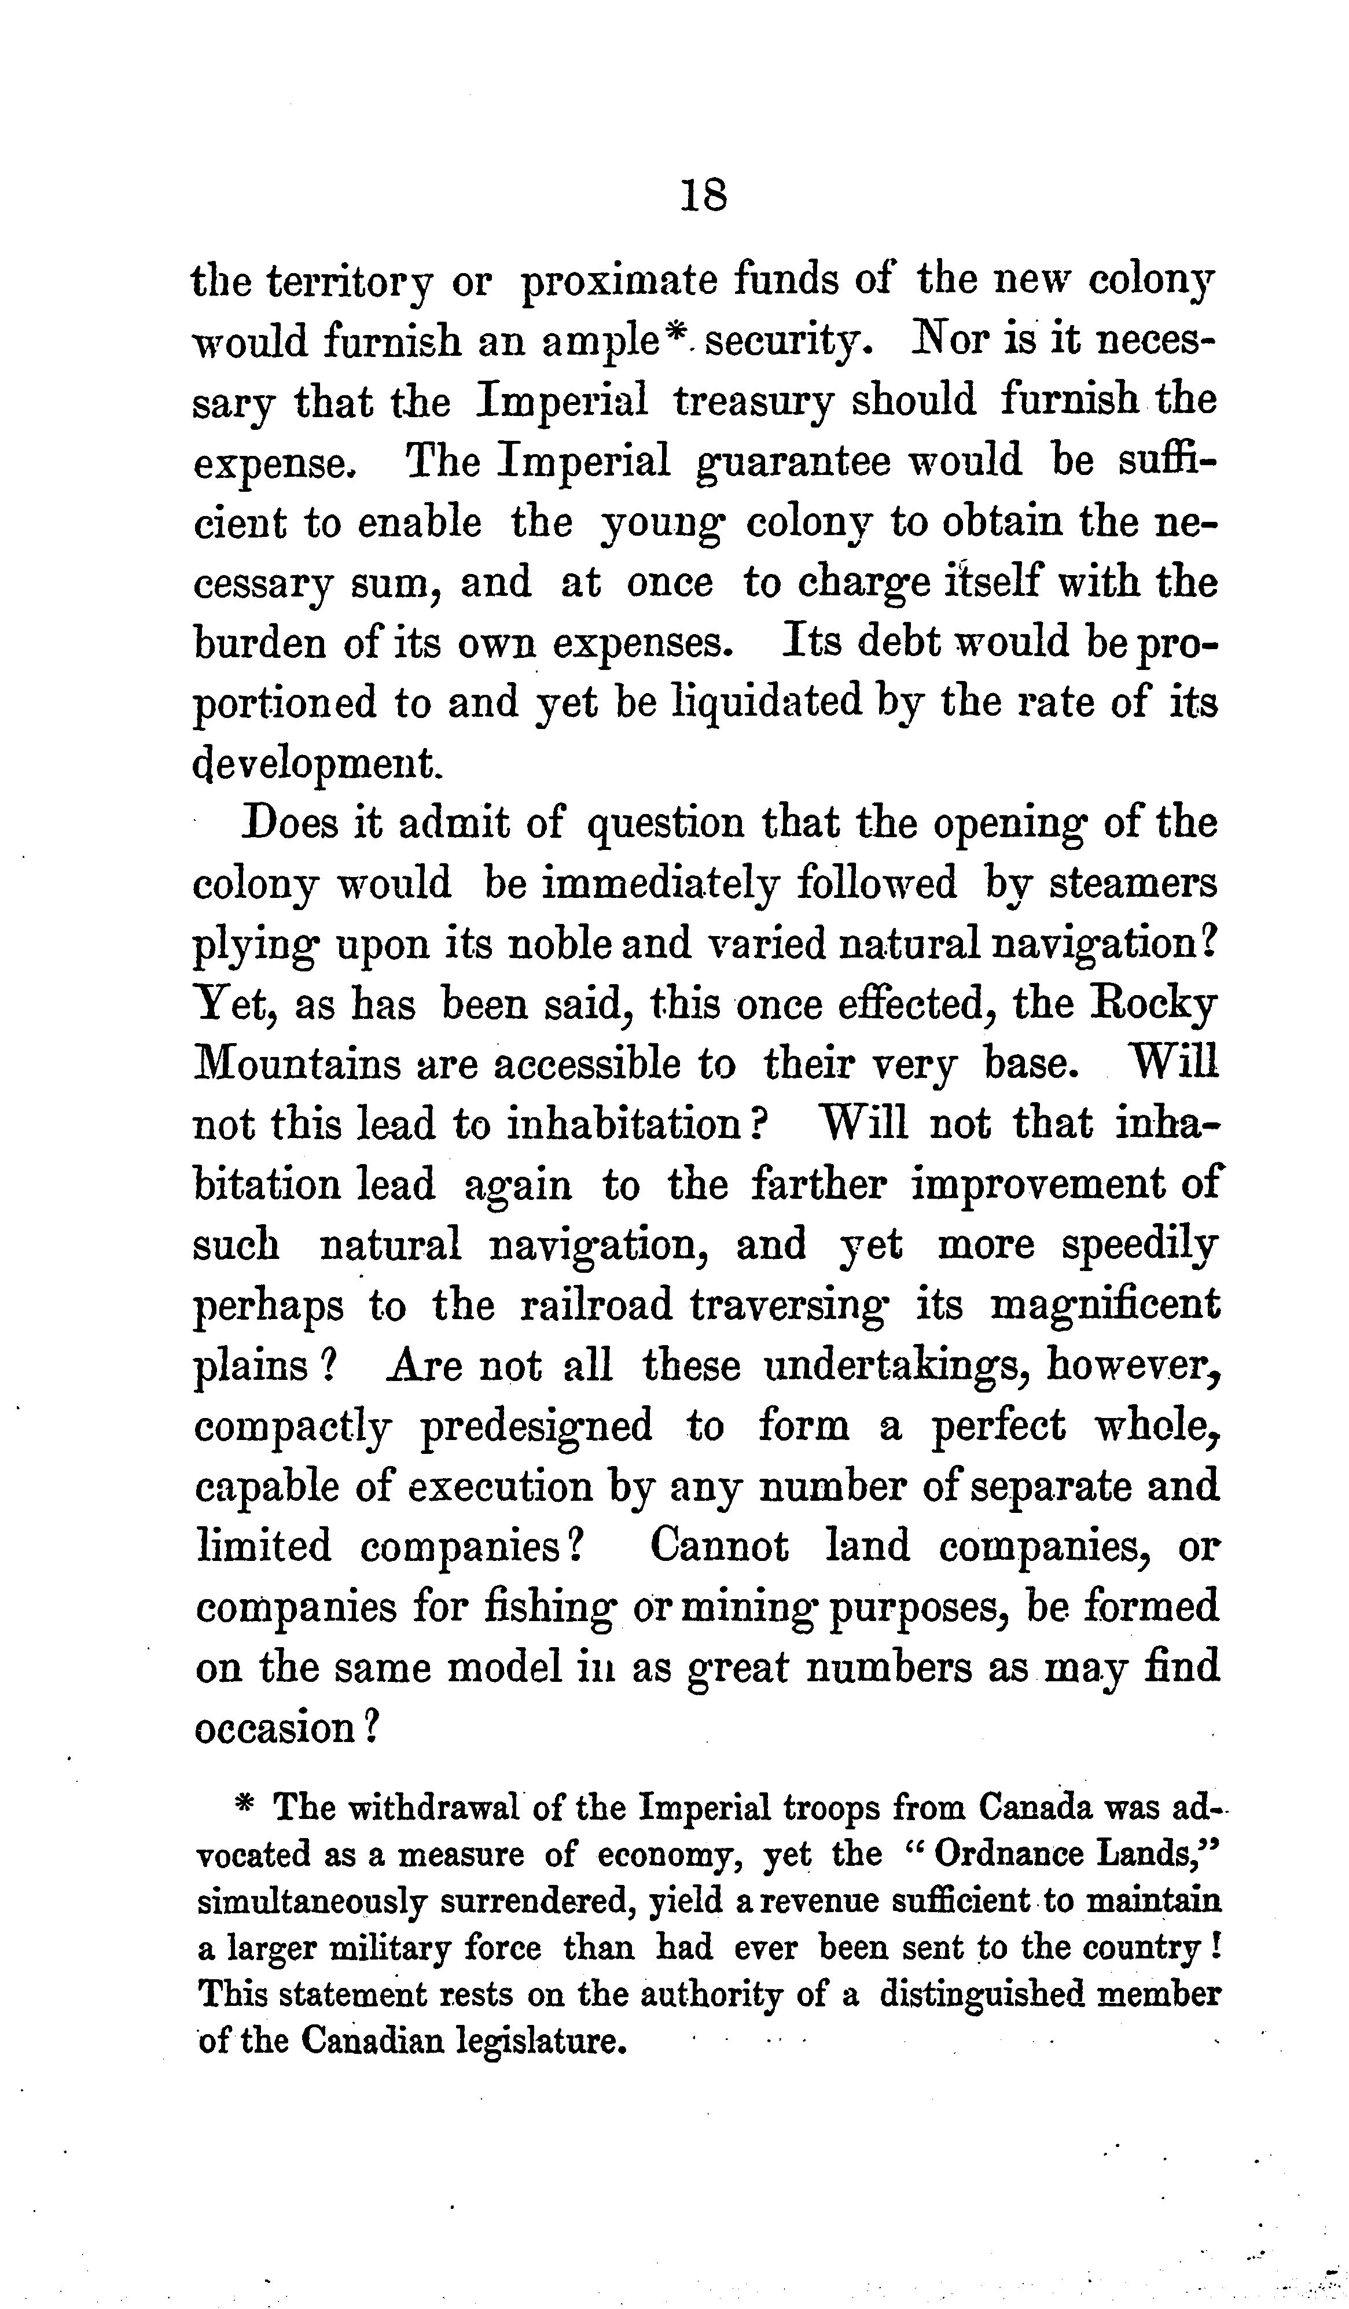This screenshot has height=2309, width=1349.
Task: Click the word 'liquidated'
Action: pos(768,703)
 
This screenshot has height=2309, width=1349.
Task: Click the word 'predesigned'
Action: pos(536,1427)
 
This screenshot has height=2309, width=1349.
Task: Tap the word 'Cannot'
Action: pos(719,1546)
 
